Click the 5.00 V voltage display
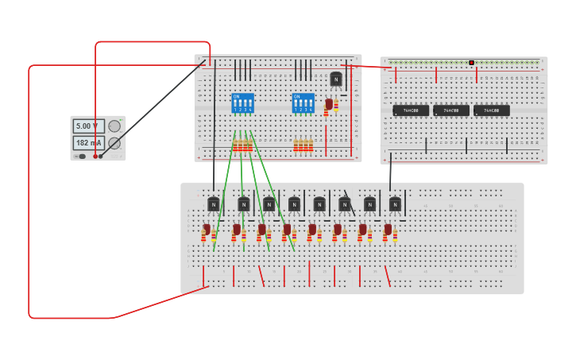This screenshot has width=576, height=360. (x=88, y=126)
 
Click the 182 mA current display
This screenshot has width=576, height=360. (x=88, y=143)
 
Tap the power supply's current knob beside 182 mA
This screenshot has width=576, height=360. (x=114, y=143)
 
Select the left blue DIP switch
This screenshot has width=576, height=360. (x=242, y=103)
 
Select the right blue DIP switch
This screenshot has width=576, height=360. (x=303, y=103)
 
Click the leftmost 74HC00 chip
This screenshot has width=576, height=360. (x=410, y=110)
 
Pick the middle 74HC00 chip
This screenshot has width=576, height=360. (x=450, y=110)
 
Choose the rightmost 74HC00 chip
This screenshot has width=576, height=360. (x=491, y=110)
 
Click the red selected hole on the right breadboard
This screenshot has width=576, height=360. (x=471, y=62)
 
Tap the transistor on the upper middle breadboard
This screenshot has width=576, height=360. (x=336, y=79)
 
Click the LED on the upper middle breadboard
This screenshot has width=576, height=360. (x=329, y=104)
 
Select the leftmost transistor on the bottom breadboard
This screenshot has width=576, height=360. (x=213, y=204)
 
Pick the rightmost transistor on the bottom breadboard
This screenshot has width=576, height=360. (x=395, y=204)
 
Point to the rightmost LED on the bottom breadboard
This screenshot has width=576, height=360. (x=388, y=230)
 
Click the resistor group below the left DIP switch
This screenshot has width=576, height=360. (x=242, y=145)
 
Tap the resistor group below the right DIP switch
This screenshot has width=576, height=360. (x=303, y=145)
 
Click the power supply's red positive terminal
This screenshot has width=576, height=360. (x=95, y=156)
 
